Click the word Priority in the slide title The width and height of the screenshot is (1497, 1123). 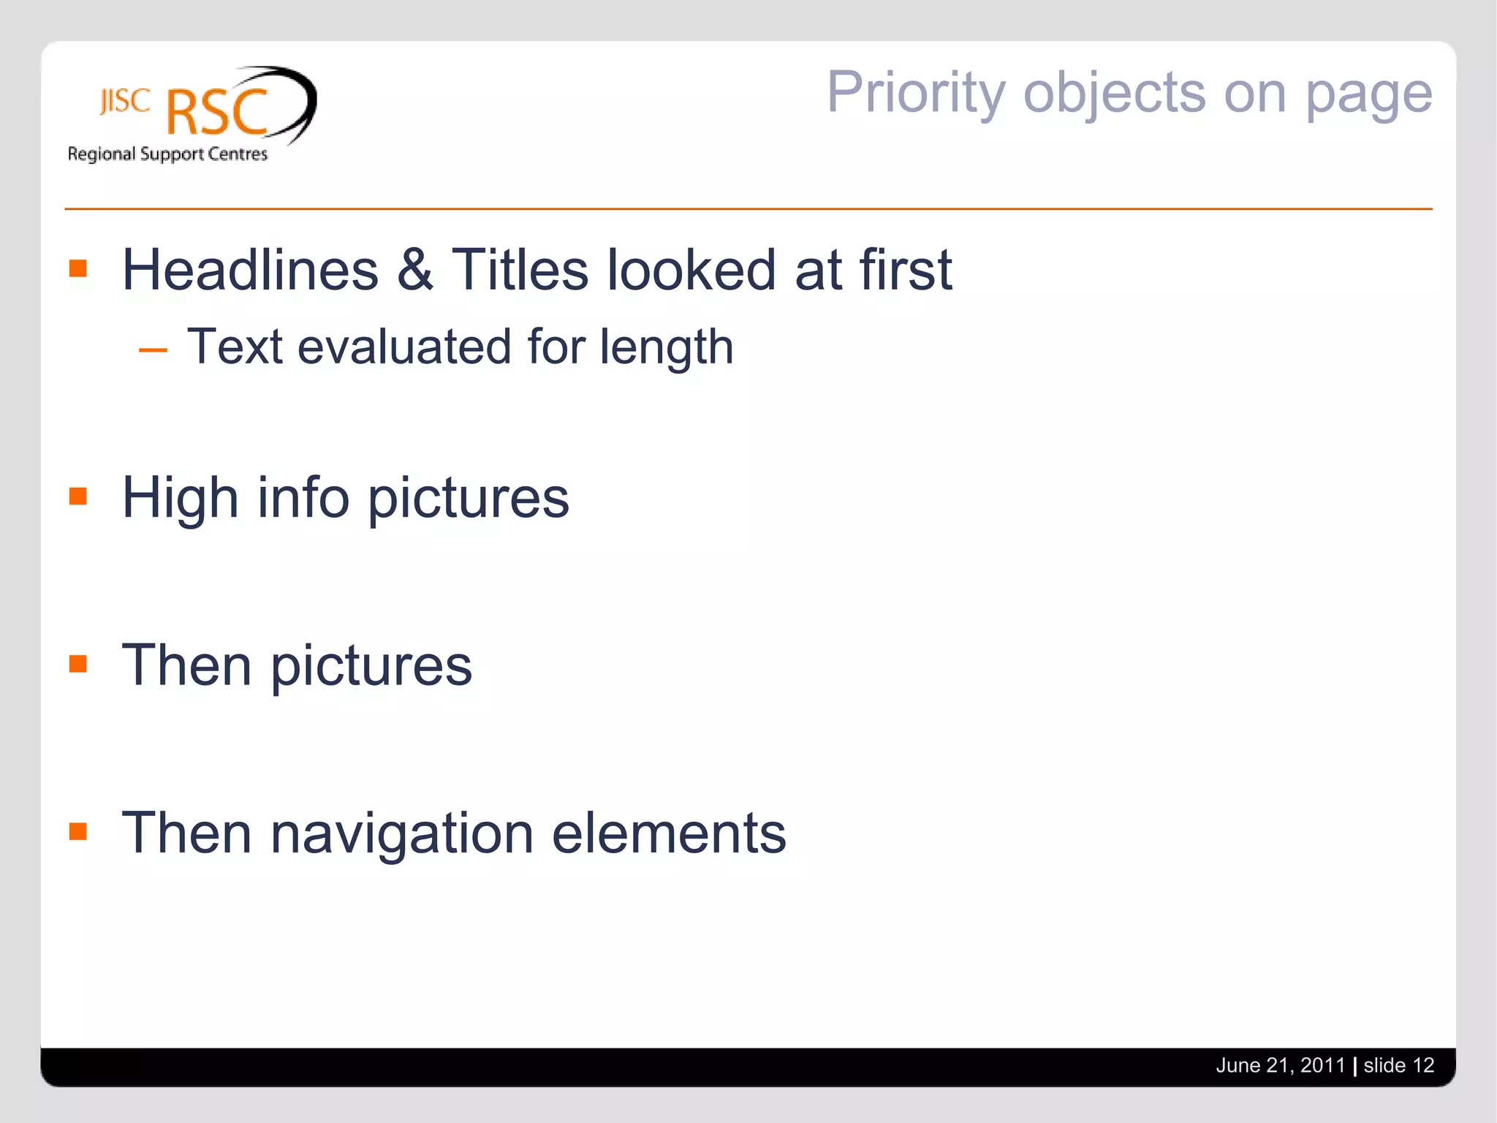(917, 94)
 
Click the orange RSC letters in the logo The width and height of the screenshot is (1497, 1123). (218, 113)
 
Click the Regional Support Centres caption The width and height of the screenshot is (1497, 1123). (167, 154)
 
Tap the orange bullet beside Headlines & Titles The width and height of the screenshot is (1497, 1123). (78, 268)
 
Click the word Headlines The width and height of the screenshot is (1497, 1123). (250, 270)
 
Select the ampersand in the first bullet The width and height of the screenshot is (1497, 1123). (415, 270)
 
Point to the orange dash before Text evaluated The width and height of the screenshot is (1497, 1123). (153, 350)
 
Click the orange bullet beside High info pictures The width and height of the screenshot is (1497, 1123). (78, 496)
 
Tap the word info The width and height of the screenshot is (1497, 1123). (303, 498)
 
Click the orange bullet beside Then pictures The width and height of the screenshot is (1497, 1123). (78, 664)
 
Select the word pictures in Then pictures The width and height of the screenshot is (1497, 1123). (371, 667)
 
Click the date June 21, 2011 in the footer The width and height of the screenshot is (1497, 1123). (1280, 1065)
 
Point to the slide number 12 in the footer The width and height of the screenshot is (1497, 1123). (1423, 1065)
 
